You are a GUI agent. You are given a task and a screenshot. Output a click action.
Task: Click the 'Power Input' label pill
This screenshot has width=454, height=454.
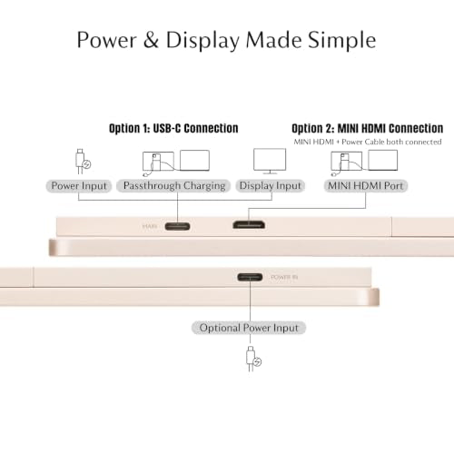(79, 186)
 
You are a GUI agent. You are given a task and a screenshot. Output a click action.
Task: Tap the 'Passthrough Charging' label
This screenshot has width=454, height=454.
(173, 186)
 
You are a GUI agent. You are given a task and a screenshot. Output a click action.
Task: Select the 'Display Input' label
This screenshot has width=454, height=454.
(270, 186)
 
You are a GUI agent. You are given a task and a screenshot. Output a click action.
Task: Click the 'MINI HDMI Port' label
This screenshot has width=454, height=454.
(366, 186)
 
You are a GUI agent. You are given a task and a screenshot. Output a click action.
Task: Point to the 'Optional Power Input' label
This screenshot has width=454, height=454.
(249, 328)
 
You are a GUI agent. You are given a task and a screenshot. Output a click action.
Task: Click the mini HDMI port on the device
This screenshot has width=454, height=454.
(249, 225)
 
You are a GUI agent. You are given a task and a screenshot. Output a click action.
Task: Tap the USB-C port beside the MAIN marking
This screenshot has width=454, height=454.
(177, 226)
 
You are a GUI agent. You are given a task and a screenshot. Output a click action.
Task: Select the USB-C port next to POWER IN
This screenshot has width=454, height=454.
(250, 277)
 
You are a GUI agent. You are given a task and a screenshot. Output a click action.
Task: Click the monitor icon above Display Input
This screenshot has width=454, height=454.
(270, 161)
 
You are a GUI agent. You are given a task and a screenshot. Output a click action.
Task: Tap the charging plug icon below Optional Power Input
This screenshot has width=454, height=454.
(252, 359)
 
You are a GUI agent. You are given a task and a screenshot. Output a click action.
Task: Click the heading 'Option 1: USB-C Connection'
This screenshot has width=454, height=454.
(173, 128)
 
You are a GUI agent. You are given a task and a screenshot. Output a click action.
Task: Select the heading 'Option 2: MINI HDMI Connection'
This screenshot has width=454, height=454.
(367, 128)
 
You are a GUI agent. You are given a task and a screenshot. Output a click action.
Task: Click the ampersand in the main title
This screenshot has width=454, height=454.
(151, 40)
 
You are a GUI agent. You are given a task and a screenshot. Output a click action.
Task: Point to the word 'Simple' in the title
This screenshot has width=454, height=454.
(342, 40)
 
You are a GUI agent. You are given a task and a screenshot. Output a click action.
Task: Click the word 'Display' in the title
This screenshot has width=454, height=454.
(202, 40)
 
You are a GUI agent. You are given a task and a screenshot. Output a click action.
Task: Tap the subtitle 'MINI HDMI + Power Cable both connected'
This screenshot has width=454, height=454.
(368, 142)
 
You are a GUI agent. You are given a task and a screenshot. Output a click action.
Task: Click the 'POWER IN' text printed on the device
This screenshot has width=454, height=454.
(284, 277)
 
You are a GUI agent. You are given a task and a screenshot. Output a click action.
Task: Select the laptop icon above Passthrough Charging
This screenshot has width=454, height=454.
(194, 161)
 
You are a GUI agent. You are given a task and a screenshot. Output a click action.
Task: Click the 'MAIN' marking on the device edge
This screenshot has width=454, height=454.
(150, 226)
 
